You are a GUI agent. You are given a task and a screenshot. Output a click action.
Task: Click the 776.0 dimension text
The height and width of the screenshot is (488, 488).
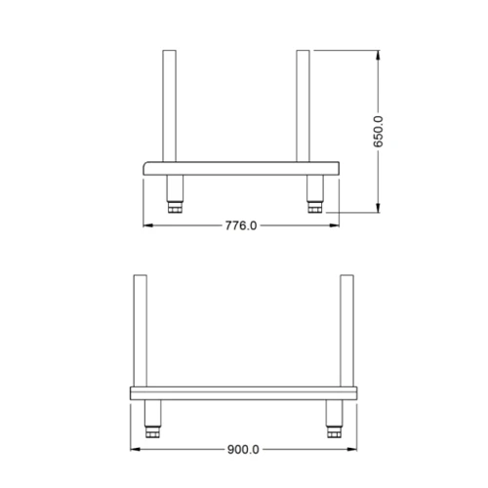(x=241, y=225)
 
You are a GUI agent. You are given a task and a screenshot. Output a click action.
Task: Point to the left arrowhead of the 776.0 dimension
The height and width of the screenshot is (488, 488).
(x=148, y=225)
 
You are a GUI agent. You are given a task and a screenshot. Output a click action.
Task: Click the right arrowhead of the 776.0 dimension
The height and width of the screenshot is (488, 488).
(x=335, y=225)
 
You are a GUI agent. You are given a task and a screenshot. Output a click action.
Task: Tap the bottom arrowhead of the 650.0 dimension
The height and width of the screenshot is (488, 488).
(x=379, y=207)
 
